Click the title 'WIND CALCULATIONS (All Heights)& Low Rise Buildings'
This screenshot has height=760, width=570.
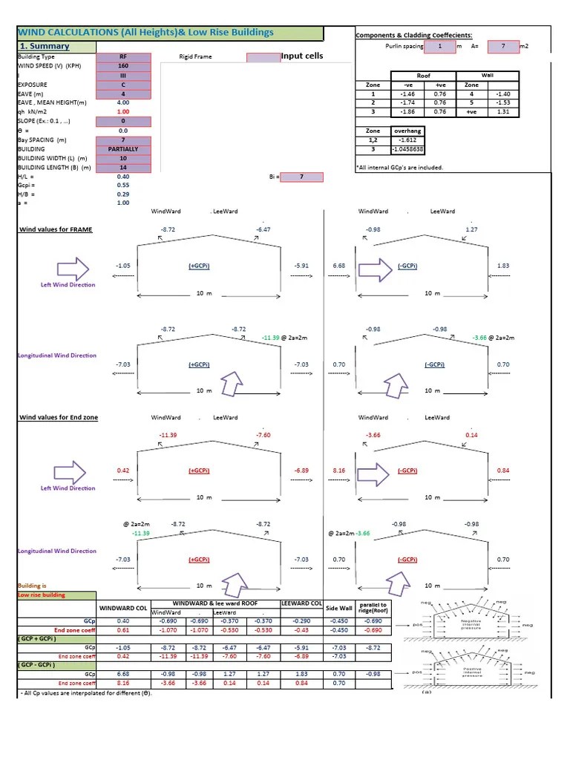point(145,33)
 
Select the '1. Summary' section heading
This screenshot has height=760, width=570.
point(44,46)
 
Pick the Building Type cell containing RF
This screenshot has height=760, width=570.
point(123,56)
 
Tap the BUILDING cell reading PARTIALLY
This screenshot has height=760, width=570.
point(123,149)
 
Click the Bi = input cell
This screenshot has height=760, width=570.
point(301,177)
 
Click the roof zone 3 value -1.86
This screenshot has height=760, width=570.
point(407,112)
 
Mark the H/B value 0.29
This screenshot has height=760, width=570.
point(123,194)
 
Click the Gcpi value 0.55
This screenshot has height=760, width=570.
point(123,185)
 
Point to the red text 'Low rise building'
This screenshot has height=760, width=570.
point(42,594)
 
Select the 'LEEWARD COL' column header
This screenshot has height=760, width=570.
point(301,603)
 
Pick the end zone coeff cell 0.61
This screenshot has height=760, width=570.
point(123,629)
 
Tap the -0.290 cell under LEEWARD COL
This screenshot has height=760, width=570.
point(301,620)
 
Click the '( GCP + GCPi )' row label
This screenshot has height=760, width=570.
point(38,638)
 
